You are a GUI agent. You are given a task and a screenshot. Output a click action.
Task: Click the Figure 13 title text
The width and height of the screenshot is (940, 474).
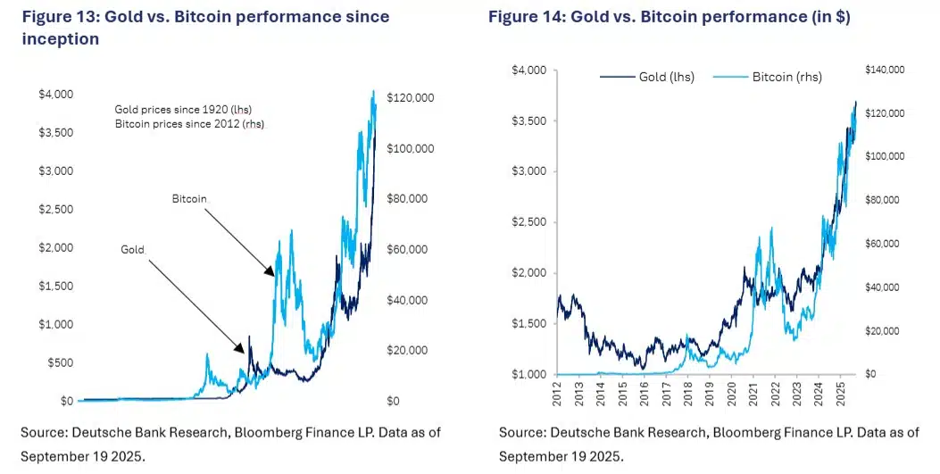tap(205, 28)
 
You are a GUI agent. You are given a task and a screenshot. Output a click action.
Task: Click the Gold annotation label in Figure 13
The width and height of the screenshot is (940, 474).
tap(132, 249)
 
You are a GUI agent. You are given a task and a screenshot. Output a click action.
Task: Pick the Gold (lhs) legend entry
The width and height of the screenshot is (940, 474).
tap(650, 78)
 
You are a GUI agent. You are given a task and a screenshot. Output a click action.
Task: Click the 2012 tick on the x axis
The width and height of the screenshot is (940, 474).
tap(556, 392)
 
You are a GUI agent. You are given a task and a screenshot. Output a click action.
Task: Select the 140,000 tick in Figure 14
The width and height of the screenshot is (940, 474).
tap(886, 70)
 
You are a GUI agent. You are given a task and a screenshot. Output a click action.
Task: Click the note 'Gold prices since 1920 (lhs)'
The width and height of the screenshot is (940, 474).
tap(183, 109)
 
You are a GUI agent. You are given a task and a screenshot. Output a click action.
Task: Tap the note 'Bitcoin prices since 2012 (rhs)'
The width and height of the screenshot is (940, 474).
tap(191, 123)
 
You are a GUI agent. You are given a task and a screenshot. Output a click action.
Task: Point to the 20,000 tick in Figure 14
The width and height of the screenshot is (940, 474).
tap(884, 331)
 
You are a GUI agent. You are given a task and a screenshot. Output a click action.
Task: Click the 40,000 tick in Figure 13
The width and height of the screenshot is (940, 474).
tap(406, 300)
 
